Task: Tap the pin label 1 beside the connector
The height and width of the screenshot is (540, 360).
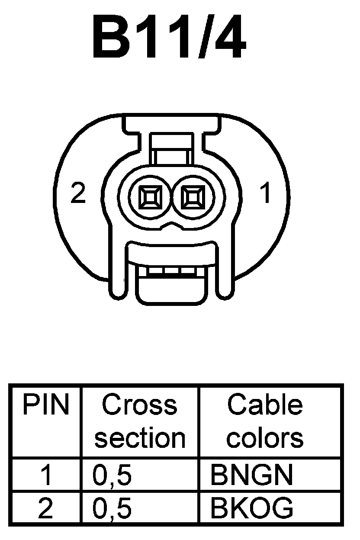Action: (x=266, y=193)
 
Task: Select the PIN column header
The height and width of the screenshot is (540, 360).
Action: (x=45, y=405)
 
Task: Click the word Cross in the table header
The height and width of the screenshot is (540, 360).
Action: (x=139, y=405)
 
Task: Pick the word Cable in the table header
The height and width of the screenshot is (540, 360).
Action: (x=264, y=405)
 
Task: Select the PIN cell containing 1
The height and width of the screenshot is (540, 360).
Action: (x=45, y=475)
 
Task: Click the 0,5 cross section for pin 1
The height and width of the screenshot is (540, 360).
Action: (x=112, y=475)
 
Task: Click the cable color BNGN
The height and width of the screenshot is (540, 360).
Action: (x=251, y=475)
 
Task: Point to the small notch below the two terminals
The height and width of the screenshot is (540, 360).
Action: (x=172, y=225)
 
